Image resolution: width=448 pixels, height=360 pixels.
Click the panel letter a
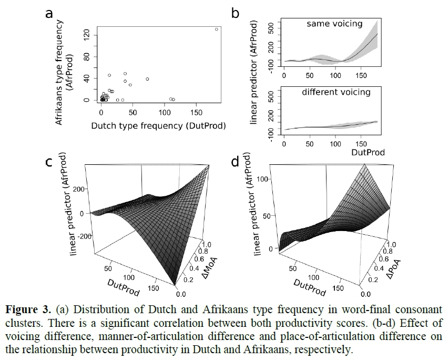point(49,14)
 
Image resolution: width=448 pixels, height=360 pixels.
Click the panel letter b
point(236,14)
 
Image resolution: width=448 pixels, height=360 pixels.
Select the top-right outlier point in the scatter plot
point(216,29)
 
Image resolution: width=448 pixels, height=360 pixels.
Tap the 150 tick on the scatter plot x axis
point(196,113)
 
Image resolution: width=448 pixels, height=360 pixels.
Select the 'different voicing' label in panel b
point(336,92)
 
